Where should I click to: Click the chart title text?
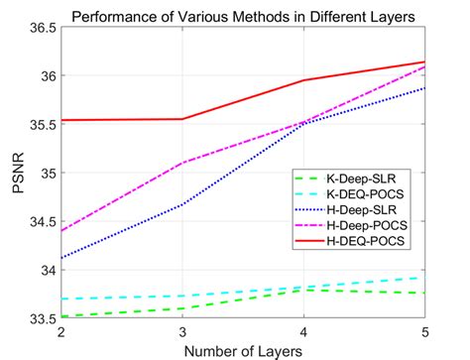tap(243, 13)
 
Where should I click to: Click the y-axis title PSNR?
tap(16, 173)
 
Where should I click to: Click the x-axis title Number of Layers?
tap(243, 348)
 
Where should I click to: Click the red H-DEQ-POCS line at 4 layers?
tap(303, 80)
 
